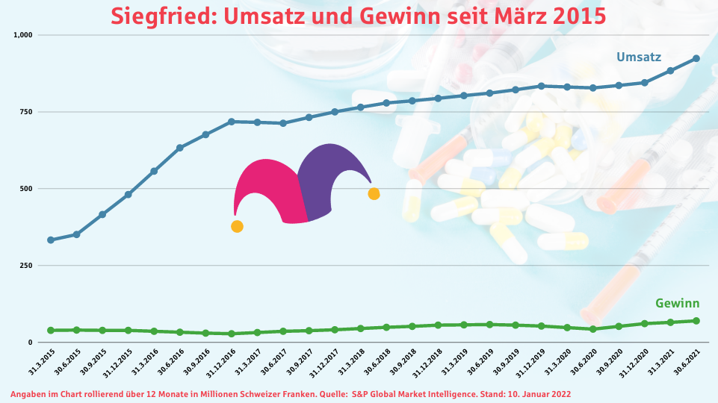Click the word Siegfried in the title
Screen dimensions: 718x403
coord(164,16)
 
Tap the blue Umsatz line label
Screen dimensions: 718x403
coord(638,57)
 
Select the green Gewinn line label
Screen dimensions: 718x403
coord(677,303)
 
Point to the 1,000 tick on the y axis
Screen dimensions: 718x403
coord(22,35)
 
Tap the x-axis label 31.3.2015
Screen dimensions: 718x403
coord(42,362)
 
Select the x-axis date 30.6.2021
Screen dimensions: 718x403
coord(687,362)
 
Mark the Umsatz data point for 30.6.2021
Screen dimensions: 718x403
coord(696,58)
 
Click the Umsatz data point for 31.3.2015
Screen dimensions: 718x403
coord(51,240)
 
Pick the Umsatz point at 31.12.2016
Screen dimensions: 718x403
coord(232,122)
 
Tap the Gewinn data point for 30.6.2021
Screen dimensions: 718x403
coord(696,321)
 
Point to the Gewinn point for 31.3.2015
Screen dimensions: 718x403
coord(51,331)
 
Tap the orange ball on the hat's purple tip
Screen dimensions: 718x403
coord(374,194)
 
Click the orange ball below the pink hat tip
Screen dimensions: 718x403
coord(237,226)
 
